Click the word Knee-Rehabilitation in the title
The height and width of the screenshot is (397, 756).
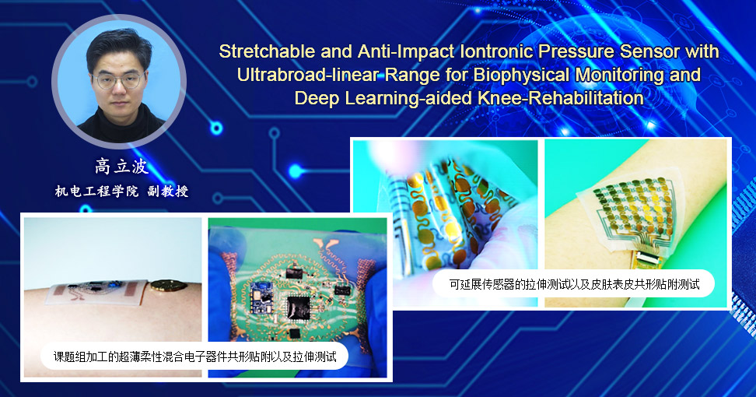click(x=561, y=98)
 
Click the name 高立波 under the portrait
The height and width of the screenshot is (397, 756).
click(x=121, y=167)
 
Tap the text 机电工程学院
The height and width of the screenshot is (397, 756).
click(x=96, y=191)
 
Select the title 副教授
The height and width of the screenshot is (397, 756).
click(x=168, y=191)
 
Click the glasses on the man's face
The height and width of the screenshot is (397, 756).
click(x=118, y=80)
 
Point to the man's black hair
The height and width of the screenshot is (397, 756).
click(x=119, y=47)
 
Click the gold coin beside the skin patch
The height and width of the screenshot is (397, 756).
click(x=168, y=286)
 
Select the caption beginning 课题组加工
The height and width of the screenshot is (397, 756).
click(x=194, y=357)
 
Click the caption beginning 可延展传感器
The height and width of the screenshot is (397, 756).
click(x=574, y=284)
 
